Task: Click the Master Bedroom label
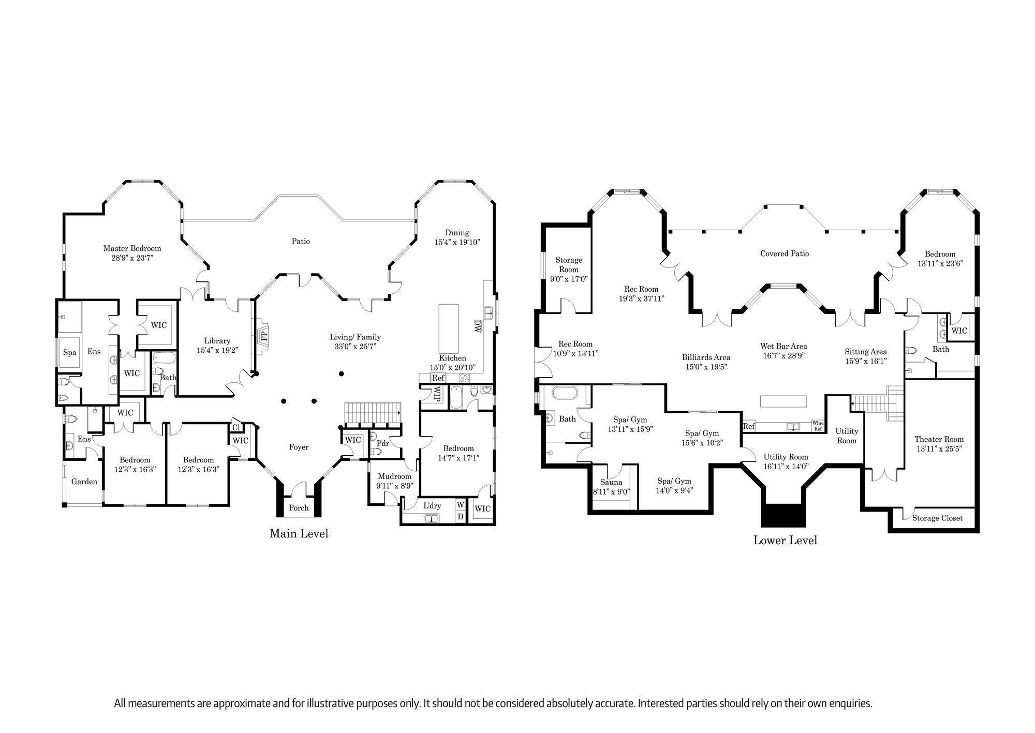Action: click(132, 248)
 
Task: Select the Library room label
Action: click(217, 341)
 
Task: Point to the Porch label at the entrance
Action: click(299, 508)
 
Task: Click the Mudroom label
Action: click(394, 476)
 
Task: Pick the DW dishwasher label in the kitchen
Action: click(477, 325)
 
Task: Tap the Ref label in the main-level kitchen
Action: click(438, 378)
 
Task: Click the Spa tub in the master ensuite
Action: click(69, 353)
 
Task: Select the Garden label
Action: click(84, 482)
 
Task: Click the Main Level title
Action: click(299, 533)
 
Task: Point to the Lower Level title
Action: click(785, 541)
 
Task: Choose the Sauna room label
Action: click(611, 483)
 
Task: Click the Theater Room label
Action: click(939, 439)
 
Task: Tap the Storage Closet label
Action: click(938, 518)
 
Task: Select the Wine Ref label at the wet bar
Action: click(818, 426)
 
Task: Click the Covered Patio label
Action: click(785, 253)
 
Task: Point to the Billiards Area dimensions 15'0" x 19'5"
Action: click(706, 367)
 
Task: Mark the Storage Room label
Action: click(569, 265)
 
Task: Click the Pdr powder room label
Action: click(383, 443)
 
